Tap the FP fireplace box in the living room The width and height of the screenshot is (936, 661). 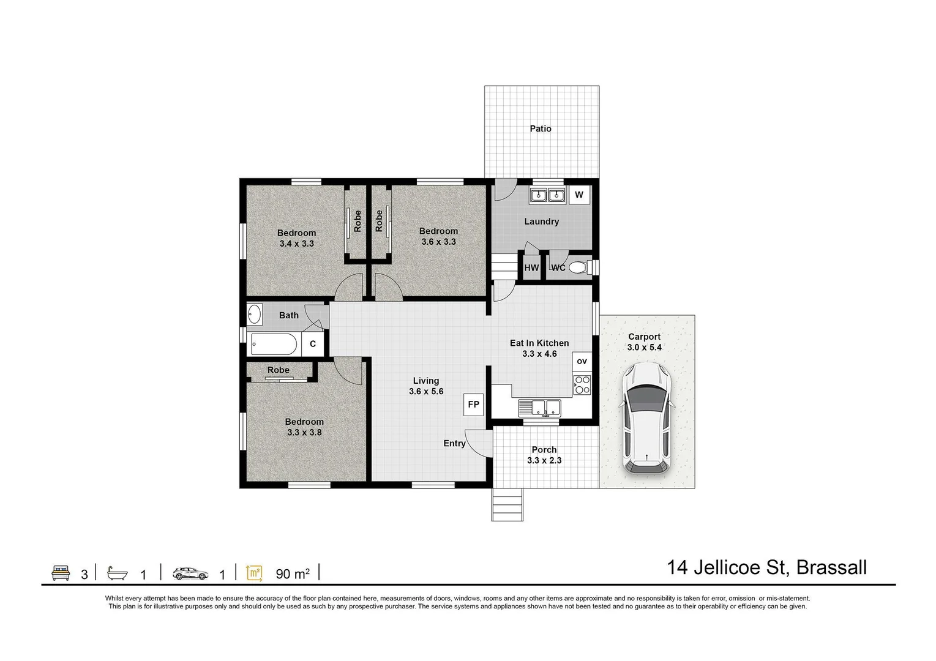coord(473,405)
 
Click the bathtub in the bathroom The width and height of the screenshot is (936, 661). coord(274,344)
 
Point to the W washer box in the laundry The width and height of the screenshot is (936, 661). coord(579,195)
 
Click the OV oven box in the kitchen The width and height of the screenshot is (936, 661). coord(582,361)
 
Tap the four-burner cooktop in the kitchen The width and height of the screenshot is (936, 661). coord(582,384)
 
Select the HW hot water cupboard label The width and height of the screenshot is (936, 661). coord(531,268)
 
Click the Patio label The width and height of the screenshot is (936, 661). coord(541,129)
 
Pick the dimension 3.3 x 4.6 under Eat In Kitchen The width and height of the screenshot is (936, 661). coord(539,354)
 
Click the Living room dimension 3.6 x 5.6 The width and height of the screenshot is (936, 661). coord(426,392)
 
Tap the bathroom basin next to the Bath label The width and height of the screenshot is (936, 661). coord(254,315)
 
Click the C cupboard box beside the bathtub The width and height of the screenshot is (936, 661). coord(312,344)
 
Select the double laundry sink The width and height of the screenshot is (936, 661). coord(547,196)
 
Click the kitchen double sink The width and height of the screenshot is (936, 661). coord(539,406)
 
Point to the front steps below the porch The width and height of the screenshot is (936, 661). coord(507,504)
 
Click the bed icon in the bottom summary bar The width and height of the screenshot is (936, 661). coord(60,573)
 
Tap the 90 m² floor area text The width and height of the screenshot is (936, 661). coord(293,573)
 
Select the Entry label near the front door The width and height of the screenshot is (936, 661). coord(454,444)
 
